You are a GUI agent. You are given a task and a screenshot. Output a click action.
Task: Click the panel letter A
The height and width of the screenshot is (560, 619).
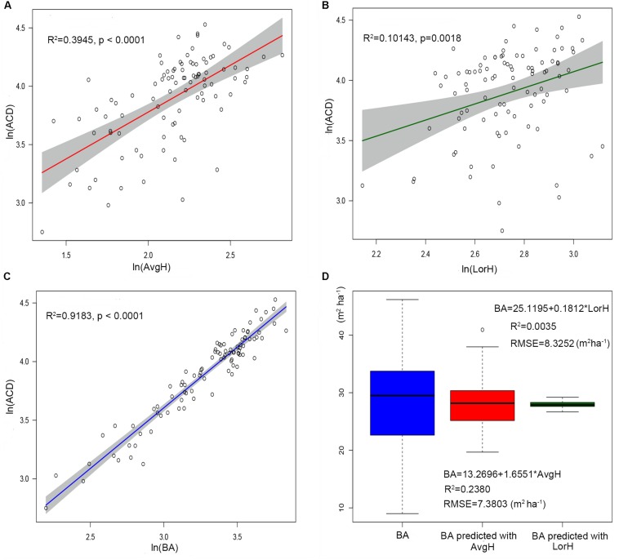click(x=7, y=6)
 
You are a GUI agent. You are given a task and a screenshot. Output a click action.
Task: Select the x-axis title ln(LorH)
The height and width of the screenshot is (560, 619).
click(x=484, y=266)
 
